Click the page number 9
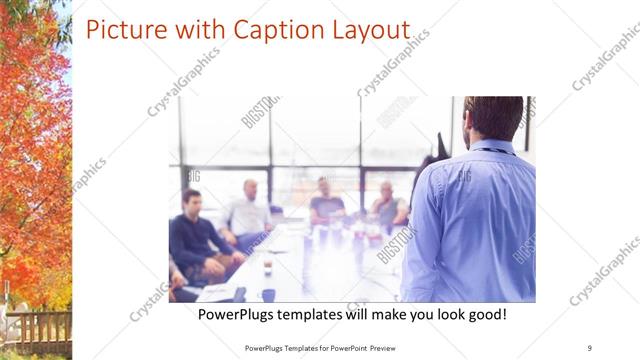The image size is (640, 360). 589,347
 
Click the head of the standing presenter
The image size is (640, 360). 494,118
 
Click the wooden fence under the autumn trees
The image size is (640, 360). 36,330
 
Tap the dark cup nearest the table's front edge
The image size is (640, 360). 268,295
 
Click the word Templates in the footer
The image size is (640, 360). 293,347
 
